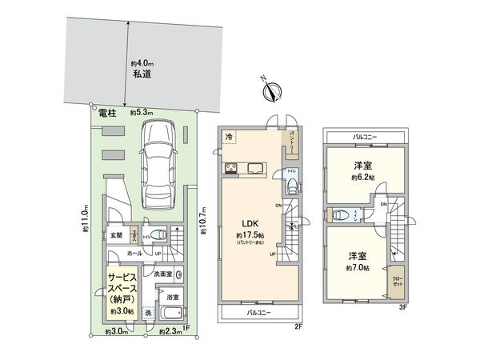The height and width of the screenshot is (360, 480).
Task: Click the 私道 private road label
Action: [142, 78]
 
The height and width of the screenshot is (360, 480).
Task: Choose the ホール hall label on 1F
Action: [137, 252]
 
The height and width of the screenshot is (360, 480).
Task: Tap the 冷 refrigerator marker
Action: [229, 136]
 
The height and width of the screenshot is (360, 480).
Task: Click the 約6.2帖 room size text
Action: [366, 178]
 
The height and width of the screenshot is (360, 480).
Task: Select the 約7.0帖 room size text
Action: [360, 267]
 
